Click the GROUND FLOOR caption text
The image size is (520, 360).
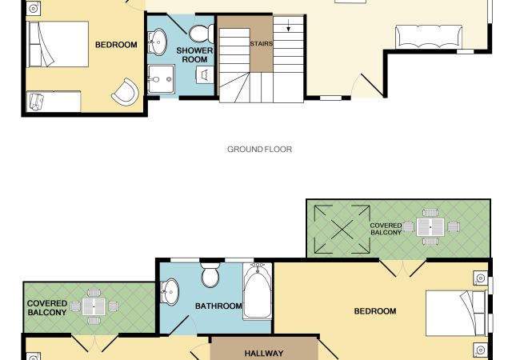(259, 150)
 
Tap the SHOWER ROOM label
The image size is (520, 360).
(194, 55)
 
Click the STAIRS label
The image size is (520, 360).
(262, 44)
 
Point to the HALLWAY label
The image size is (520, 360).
(264, 354)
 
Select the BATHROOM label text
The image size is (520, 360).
(218, 306)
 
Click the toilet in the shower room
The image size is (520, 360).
(202, 34)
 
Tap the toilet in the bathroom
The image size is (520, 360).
(210, 275)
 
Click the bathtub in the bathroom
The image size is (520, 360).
(258, 291)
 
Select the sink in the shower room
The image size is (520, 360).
(157, 42)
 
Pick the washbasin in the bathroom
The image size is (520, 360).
(170, 292)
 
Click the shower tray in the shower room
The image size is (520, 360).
(161, 79)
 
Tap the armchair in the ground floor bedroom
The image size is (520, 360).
(126, 92)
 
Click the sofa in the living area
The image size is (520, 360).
(429, 37)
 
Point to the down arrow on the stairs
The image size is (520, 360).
(289, 26)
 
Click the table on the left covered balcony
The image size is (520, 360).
(94, 306)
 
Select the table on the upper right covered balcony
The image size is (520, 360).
(430, 227)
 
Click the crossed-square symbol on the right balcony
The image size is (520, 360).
(342, 229)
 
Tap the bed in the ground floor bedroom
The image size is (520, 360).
(58, 44)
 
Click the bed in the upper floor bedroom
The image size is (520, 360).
(457, 314)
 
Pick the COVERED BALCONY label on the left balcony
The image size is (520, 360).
(47, 308)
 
